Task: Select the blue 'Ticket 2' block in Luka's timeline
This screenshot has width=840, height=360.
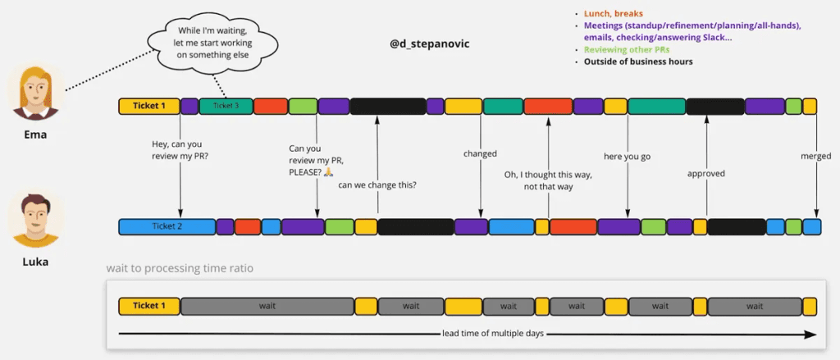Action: (167, 226)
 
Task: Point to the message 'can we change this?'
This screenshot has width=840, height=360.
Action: (377, 185)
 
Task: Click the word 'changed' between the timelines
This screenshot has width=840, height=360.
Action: (480, 153)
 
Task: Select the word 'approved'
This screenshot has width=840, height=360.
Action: (705, 173)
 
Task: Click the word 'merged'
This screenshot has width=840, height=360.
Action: (815, 157)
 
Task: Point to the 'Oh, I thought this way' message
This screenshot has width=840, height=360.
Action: (548, 180)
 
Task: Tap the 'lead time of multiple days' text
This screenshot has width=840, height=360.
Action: (492, 334)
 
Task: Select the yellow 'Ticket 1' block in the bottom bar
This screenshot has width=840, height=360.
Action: (149, 306)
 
